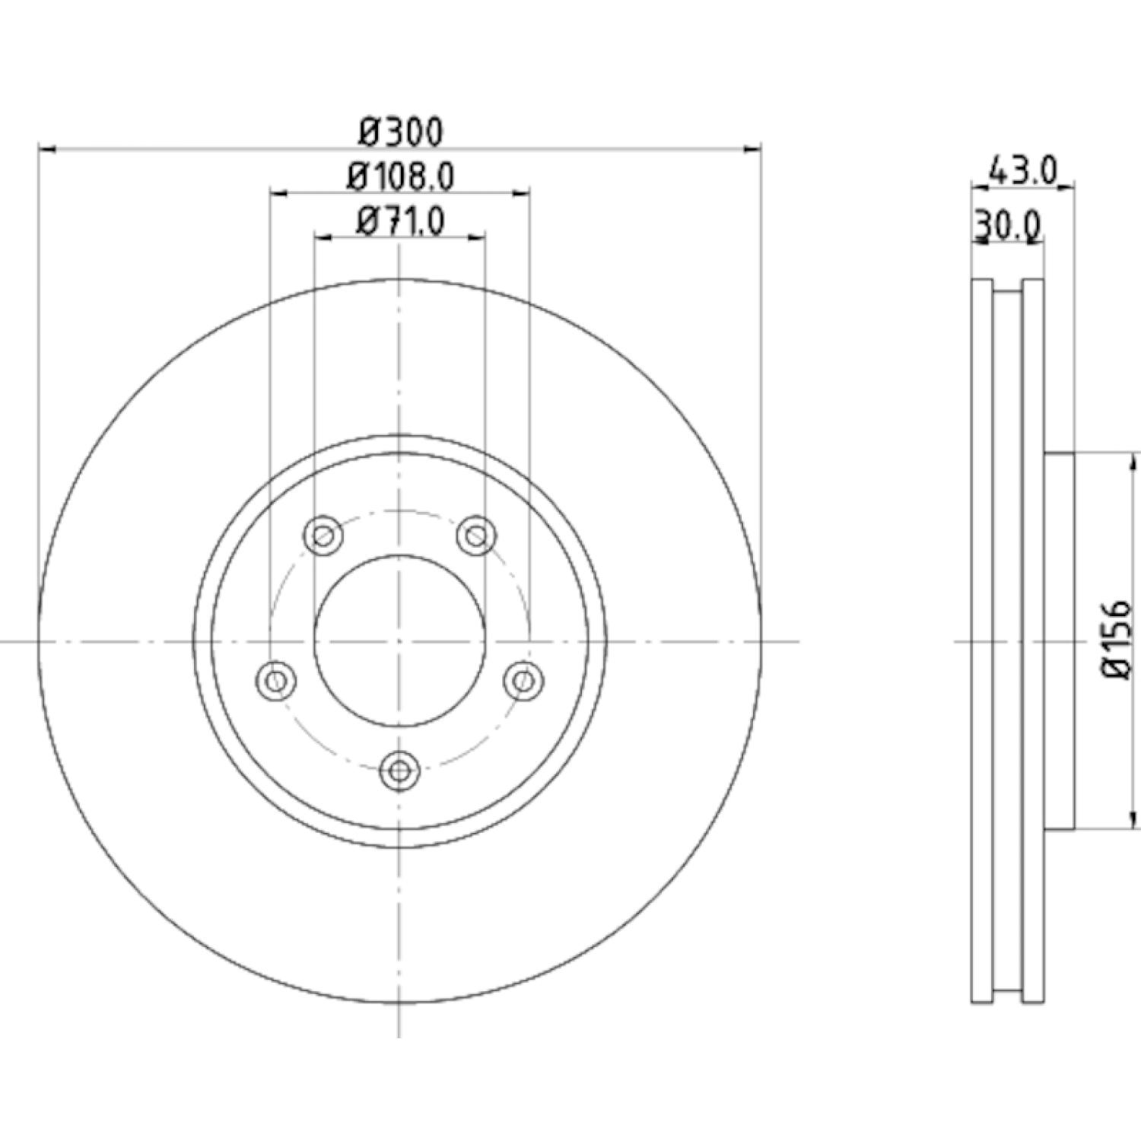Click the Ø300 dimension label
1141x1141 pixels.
[401, 132]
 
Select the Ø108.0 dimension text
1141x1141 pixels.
[401, 177]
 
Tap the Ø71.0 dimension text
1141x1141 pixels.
[401, 222]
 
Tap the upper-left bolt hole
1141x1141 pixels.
[323, 536]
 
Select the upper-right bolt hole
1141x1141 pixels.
[477, 536]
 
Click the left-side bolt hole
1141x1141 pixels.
[275, 679]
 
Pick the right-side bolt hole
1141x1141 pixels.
[524, 679]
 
